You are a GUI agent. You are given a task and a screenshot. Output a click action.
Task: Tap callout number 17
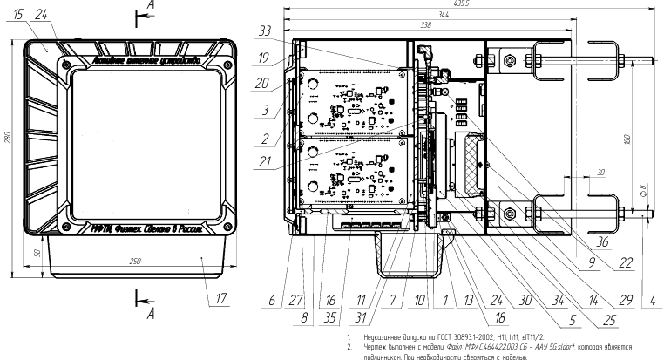tap(220, 298)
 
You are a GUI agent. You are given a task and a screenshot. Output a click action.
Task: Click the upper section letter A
tap(154, 5)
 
